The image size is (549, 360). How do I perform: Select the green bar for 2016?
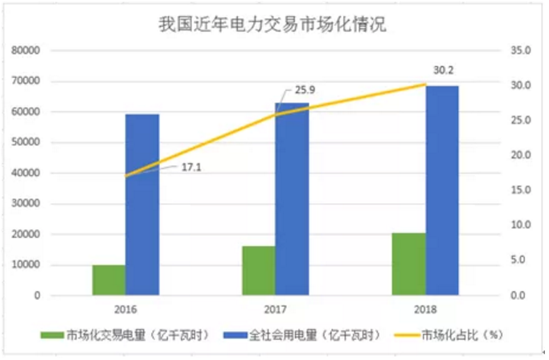coord(109,280)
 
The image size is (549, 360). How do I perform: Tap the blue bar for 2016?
coord(142,205)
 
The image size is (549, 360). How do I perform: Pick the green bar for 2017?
coord(259,271)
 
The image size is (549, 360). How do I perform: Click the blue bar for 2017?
coord(292,199)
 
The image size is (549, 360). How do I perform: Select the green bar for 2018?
coord(408,264)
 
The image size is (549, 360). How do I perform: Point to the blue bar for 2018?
coord(442,190)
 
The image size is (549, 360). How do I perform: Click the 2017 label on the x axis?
coord(275,309)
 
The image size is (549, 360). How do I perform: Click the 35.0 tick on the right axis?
coord(522,51)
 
